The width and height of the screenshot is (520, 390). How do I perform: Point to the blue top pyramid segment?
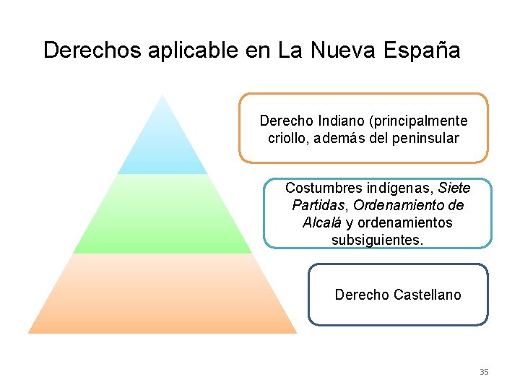162,144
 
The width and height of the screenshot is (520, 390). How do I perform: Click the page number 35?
484,372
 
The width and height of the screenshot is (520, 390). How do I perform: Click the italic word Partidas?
316,206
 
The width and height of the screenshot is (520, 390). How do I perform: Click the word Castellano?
428,295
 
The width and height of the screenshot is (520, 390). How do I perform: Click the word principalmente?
423,121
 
